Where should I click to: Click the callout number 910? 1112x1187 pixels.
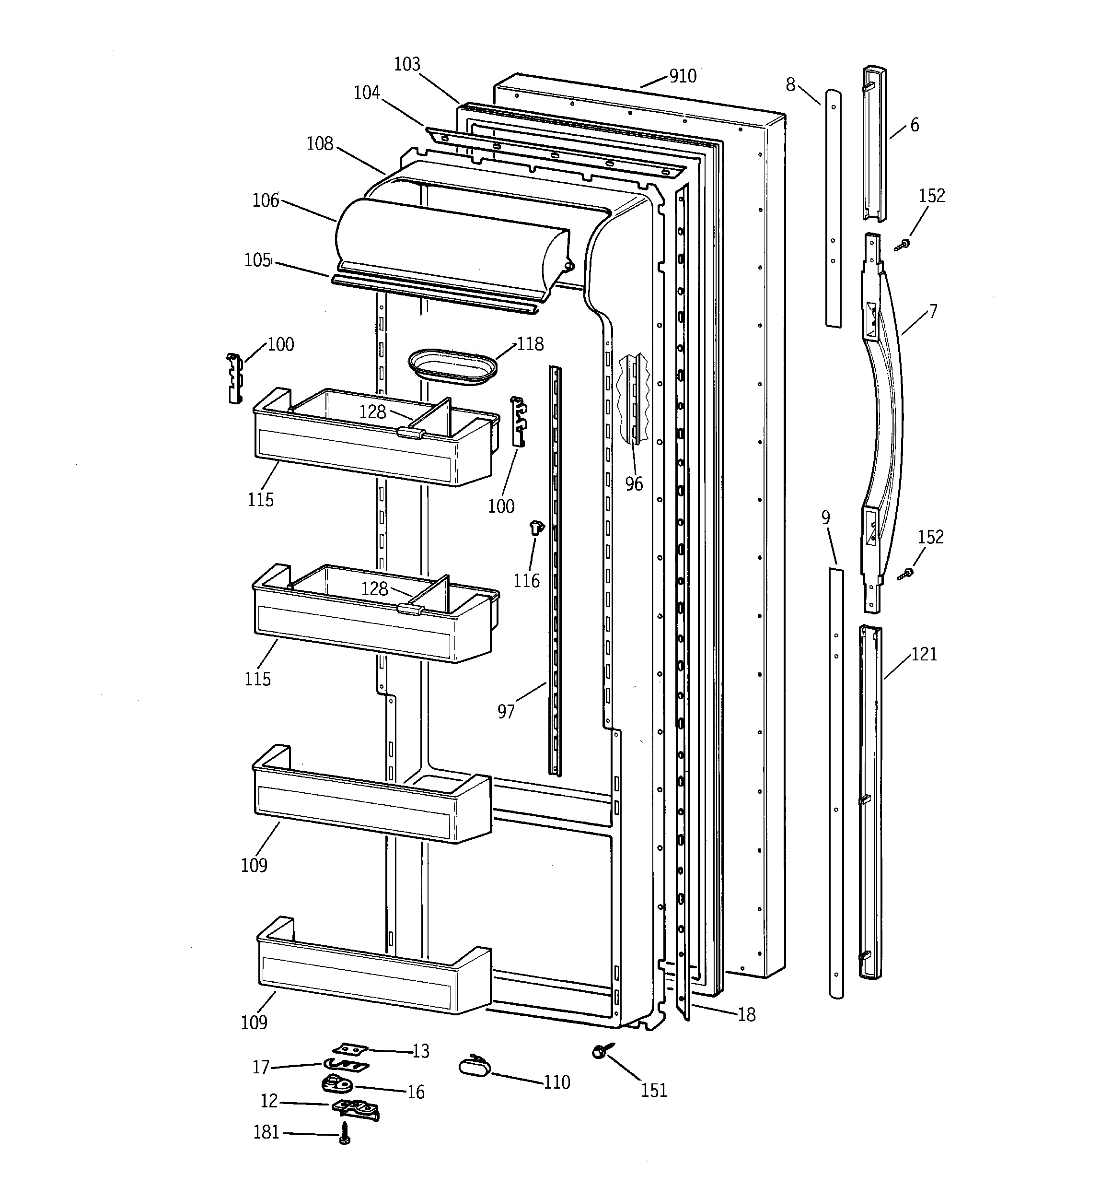(x=682, y=76)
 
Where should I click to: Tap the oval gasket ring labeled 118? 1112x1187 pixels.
(x=453, y=366)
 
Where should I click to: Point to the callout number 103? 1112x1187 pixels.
(x=407, y=64)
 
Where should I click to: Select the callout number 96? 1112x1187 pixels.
(x=634, y=483)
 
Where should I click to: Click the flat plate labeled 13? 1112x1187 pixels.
(x=351, y=1048)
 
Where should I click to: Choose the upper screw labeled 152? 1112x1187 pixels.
(x=903, y=244)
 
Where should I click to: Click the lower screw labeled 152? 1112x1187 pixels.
(x=906, y=574)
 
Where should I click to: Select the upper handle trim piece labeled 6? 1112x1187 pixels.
(x=874, y=143)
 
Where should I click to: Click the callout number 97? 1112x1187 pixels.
(x=506, y=711)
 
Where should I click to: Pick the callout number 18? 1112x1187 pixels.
(x=746, y=1014)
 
